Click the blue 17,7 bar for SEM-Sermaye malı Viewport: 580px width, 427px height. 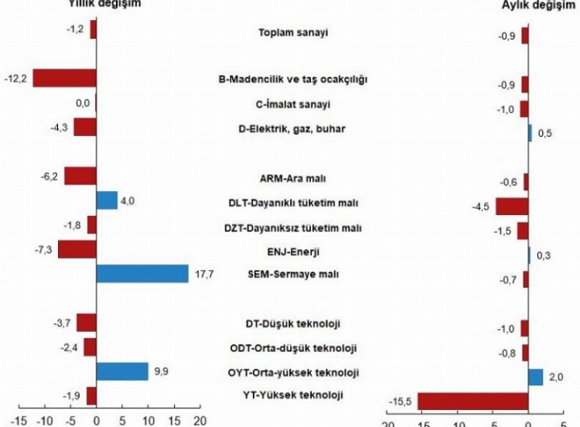142,274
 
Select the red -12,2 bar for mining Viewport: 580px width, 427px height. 64,78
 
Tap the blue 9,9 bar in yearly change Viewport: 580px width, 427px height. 122,371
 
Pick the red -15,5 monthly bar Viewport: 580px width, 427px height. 473,400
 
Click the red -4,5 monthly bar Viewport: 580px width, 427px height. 512,206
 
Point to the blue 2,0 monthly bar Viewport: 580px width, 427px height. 536,377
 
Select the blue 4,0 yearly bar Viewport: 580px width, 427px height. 106,201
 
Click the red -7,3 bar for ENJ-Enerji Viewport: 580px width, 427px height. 77,249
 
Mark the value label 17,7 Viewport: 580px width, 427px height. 203,275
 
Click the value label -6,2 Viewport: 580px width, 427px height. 49,176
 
